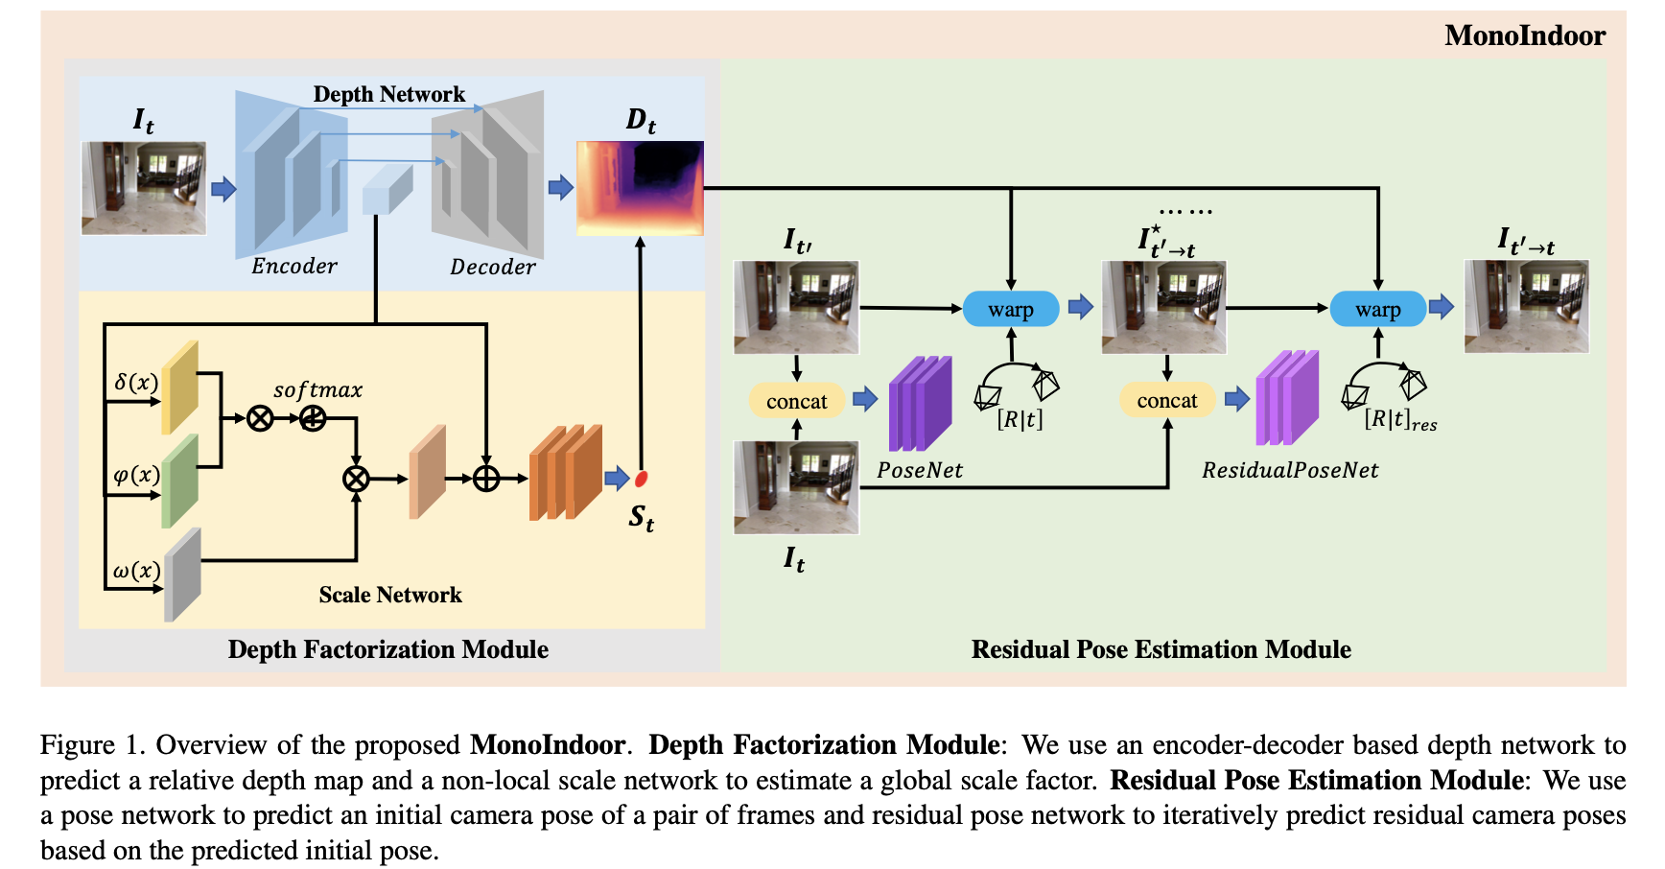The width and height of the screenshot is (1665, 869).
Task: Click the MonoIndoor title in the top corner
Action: [1524, 35]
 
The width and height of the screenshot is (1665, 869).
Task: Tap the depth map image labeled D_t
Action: [640, 188]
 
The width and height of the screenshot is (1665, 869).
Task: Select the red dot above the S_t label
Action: [641, 478]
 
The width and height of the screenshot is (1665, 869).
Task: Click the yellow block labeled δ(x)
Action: [179, 387]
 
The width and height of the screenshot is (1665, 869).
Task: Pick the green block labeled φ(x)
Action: [179, 480]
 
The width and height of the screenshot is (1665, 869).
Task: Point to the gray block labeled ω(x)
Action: [181, 574]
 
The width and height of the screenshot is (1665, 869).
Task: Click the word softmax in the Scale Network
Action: [317, 390]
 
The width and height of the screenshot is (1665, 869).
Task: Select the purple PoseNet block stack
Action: [920, 404]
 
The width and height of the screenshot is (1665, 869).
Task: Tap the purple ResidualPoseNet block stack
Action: [1287, 398]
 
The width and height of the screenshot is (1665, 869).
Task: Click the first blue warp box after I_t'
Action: [1010, 309]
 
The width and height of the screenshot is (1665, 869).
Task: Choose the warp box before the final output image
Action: [1377, 309]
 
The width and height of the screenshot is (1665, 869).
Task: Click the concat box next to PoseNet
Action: [796, 401]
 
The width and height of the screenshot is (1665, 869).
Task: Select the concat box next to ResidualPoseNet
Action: [1166, 400]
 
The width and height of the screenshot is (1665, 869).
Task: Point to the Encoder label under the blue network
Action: [294, 266]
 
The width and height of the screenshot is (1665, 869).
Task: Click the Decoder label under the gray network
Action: [493, 267]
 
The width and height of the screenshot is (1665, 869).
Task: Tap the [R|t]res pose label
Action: [1399, 420]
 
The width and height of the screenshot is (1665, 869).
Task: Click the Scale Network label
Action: [390, 595]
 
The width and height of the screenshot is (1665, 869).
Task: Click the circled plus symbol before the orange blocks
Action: [486, 478]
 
